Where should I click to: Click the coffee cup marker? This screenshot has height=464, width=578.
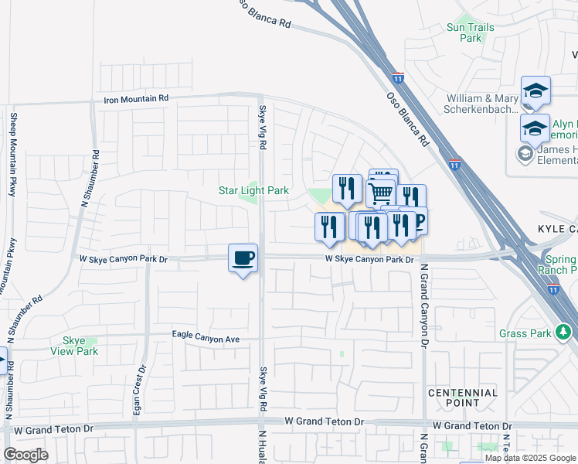click(243, 258)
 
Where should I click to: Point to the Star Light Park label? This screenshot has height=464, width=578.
click(253, 190)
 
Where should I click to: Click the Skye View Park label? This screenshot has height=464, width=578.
click(80, 346)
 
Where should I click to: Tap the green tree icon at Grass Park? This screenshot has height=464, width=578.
click(564, 333)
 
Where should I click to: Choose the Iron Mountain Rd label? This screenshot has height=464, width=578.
click(136, 99)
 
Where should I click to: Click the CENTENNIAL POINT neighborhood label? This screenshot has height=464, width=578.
click(463, 397)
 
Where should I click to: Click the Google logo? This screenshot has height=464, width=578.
click(25, 455)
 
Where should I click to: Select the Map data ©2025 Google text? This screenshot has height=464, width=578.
click(530, 458)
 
